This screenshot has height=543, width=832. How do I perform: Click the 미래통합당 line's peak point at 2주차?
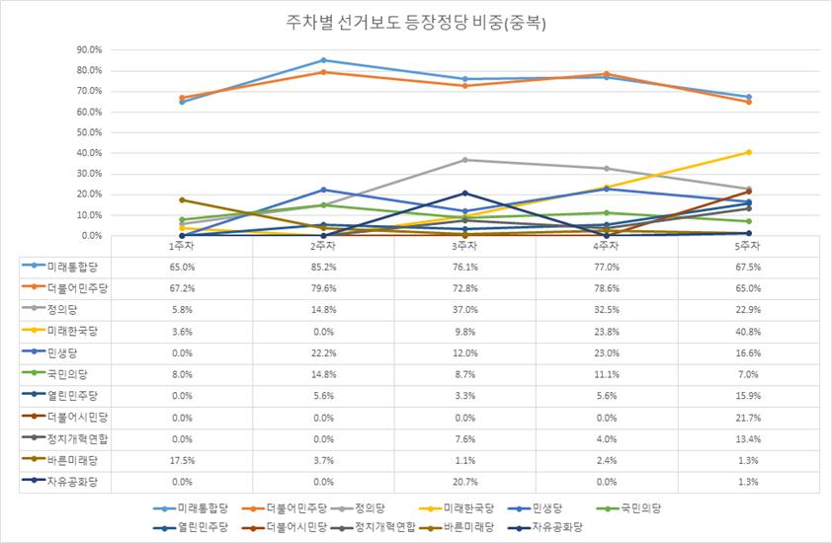coord(323,60)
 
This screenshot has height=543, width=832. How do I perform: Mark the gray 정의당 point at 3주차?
coord(465,160)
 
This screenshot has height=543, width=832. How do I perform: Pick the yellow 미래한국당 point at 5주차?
coord(749,152)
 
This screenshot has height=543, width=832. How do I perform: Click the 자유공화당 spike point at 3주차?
coord(465,194)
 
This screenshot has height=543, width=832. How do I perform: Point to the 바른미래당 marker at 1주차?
coord(182,199)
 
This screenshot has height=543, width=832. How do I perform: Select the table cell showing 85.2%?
coord(323,267)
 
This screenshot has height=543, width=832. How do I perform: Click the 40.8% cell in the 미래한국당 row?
coord(749,331)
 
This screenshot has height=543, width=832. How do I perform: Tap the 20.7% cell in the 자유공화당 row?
coord(465,481)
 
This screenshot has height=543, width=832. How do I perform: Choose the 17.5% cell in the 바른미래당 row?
coord(182,459)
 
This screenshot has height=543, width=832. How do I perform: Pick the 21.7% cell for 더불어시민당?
coord(749,417)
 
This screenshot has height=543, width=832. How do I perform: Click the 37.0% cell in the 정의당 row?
coord(465,309)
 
